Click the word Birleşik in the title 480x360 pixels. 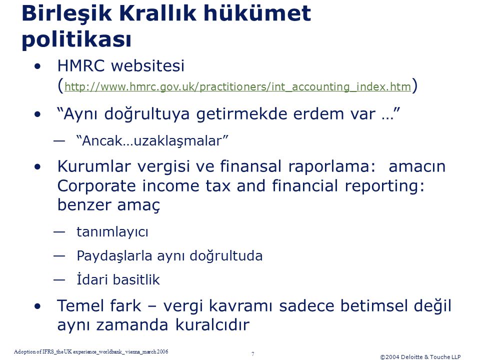pos(67,14)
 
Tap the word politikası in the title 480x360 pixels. pos(76,40)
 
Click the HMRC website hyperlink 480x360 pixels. pos(237,86)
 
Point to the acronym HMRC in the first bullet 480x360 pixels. pos(81,65)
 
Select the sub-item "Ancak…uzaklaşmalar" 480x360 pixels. pos(152,141)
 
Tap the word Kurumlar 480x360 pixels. pos(94,166)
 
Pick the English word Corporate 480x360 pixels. pos(96,186)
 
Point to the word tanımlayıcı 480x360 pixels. pos(112,231)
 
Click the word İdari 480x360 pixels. pos(91,279)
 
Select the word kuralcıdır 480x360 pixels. pos(212,325)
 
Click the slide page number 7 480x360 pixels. pos(253,354)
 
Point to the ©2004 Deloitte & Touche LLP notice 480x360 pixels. pos(420,357)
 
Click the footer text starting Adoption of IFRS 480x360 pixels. pos(91,351)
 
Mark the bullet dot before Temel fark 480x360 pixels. pos(37,306)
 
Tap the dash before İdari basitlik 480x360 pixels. pos(59,279)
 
